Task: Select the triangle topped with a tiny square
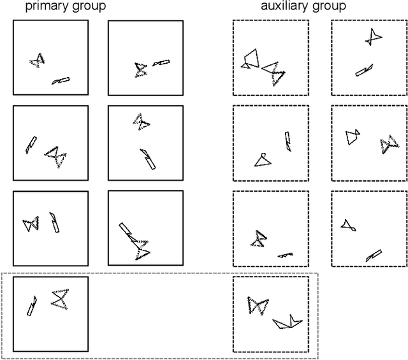coord(261,160)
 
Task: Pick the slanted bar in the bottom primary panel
coord(32,306)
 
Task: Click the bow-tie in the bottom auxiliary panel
coord(258,305)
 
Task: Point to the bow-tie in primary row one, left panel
coord(37,61)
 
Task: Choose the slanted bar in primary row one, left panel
coord(61,81)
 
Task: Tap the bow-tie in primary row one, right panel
coord(140,69)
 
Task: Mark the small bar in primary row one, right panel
coord(161,62)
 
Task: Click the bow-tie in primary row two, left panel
coord(55,155)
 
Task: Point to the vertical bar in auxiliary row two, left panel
coord(288,141)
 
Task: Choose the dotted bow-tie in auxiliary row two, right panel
coord(386,145)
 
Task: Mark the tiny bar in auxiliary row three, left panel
coord(285,255)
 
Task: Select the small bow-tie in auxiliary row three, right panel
coord(347,224)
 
